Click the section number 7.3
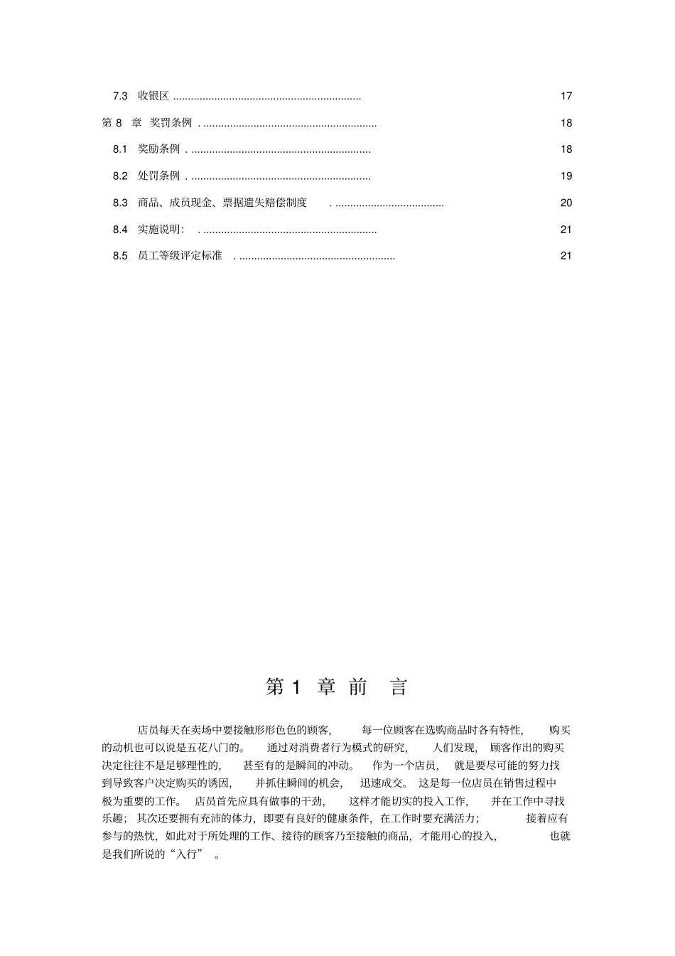pos(120,96)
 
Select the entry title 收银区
pos(153,96)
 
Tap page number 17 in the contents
pos(566,96)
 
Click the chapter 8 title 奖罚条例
pos(171,123)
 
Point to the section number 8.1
pos(120,149)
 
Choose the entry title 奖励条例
pos(158,149)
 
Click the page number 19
pos(566,176)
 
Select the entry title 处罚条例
pos(158,176)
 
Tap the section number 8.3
pos(120,203)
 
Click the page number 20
pos(566,203)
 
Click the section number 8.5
pos(120,256)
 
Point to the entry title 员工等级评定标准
pos(180,256)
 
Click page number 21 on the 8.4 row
pos(566,230)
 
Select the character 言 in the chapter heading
pos(399,687)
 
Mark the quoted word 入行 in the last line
pos(184,854)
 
